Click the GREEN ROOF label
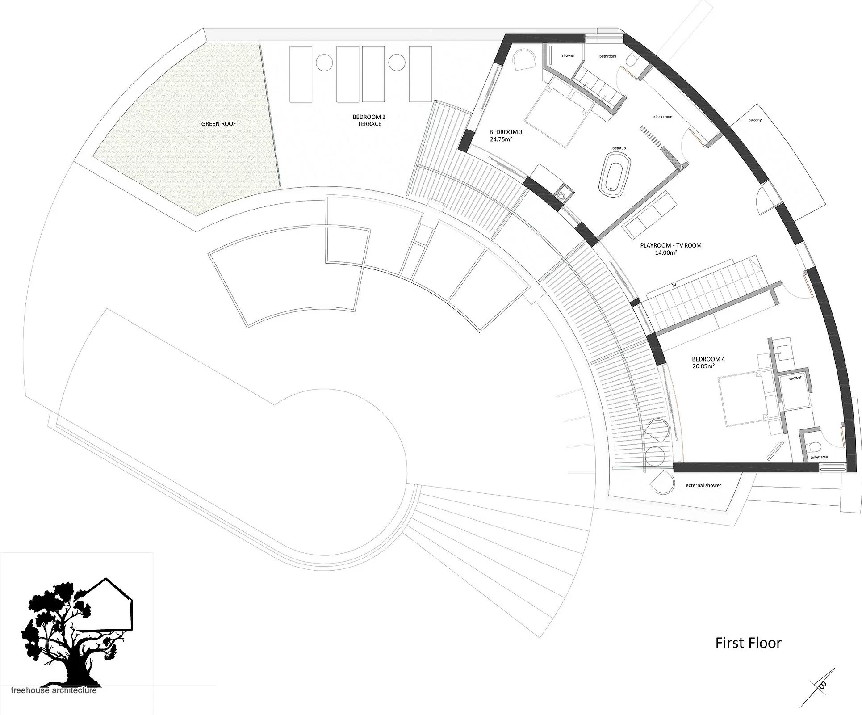point(218,124)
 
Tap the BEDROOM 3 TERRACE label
point(369,120)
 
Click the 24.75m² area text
point(501,139)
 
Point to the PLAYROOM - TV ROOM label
point(670,245)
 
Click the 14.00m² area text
point(666,252)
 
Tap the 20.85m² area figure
point(703,366)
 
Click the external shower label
point(703,485)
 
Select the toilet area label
point(819,457)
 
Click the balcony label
point(755,120)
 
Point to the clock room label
point(663,117)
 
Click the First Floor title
point(749,643)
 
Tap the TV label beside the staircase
point(674,285)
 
